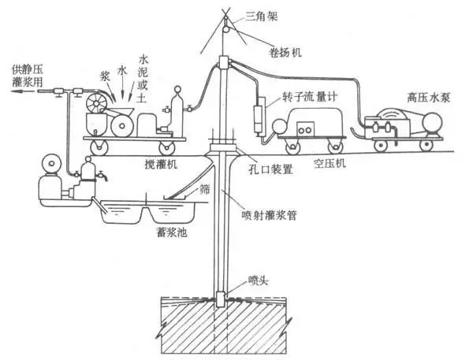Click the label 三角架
(x=261, y=17)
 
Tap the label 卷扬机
(x=285, y=52)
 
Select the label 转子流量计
(x=310, y=97)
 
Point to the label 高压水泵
(x=428, y=98)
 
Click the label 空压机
(x=330, y=163)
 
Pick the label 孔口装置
(x=270, y=169)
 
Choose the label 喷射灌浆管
(x=269, y=215)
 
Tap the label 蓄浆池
(x=171, y=232)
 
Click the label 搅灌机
(x=161, y=165)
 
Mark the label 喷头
(x=258, y=281)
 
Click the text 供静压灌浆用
(x=28, y=76)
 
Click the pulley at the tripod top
(x=226, y=29)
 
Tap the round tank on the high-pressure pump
(x=432, y=122)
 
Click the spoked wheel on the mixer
(x=96, y=103)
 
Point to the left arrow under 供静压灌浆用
(x=25, y=91)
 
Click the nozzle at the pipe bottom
(x=221, y=299)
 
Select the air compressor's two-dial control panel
(x=305, y=129)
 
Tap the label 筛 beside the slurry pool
(x=205, y=189)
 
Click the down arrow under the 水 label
(x=122, y=87)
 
